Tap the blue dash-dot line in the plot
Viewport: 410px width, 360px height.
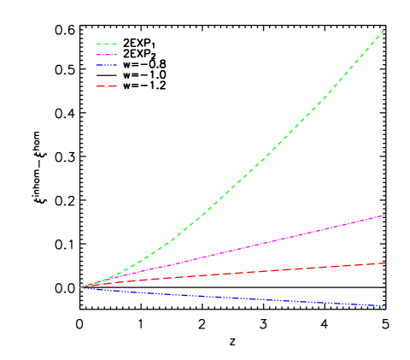tap(256, 298)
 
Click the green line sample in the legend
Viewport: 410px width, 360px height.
tap(106, 43)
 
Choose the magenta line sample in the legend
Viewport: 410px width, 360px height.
tap(106, 55)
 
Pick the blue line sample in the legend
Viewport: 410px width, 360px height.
tap(106, 65)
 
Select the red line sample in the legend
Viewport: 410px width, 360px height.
tap(106, 86)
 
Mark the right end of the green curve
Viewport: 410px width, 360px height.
tap(384, 30)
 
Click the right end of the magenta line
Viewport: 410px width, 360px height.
tap(385, 215)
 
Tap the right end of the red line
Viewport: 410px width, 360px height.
tap(385, 263)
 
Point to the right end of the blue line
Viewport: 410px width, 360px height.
tap(385, 306)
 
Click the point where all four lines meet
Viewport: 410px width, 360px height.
tap(80, 287)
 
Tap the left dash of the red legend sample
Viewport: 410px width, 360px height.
tap(99, 86)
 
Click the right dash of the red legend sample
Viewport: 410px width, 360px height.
tap(113, 86)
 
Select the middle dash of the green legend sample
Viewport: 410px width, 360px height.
tap(106, 43)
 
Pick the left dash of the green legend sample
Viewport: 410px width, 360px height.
tap(97, 43)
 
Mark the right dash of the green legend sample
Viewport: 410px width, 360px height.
tap(114, 43)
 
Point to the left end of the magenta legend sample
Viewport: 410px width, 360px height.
tap(96, 55)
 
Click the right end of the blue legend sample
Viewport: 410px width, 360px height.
tap(116, 65)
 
